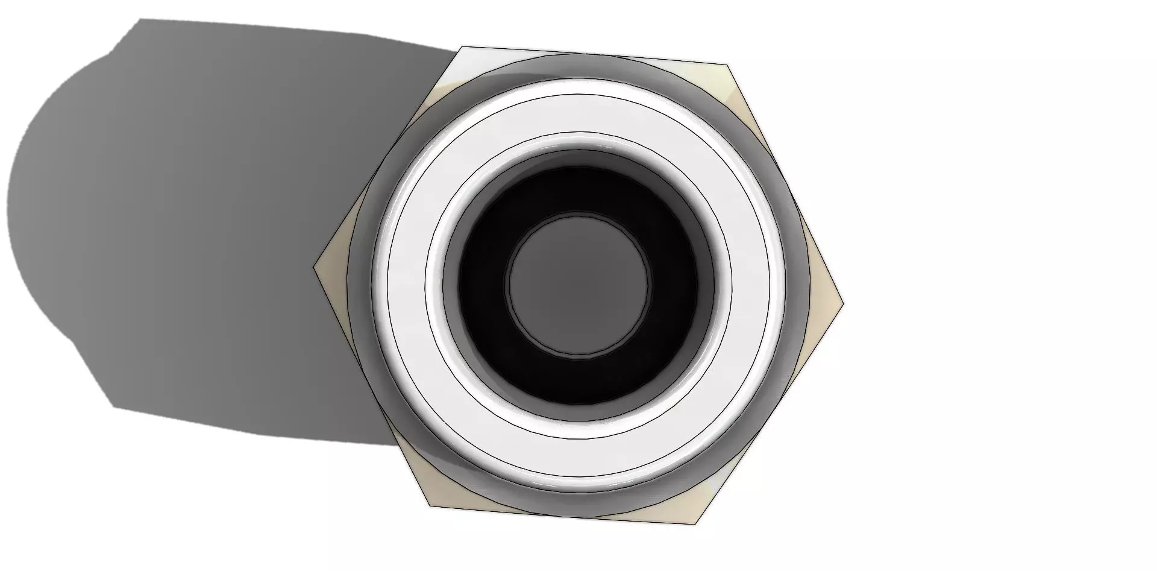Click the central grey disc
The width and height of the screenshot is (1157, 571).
coord(578,285)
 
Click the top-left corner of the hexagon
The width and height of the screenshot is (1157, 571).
coord(462,47)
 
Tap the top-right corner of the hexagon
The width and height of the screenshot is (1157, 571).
coord(727,64)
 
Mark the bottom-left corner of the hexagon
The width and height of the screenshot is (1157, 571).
coord(429,506)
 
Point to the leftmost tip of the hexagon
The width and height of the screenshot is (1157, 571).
coord(315,267)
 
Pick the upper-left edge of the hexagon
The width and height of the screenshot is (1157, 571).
coord(388,157)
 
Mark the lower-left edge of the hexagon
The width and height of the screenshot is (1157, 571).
coord(371,386)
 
